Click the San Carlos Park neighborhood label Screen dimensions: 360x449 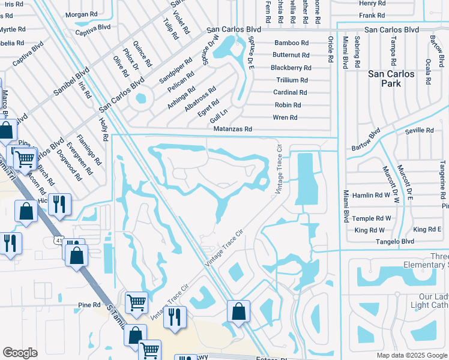[391, 79]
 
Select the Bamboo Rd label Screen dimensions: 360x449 [291, 43]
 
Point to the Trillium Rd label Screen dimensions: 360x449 [292, 80]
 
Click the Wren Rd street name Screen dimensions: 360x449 [285, 118]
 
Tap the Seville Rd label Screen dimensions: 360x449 [420, 130]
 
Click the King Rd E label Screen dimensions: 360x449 [427, 230]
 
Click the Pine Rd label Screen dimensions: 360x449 [89, 305]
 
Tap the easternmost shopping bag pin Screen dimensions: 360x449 [238, 311]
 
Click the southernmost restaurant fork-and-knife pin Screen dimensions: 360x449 [175, 317]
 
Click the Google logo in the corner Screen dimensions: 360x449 [20, 353]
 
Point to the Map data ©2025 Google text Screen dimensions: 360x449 [411, 355]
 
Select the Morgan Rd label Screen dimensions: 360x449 [81, 14]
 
